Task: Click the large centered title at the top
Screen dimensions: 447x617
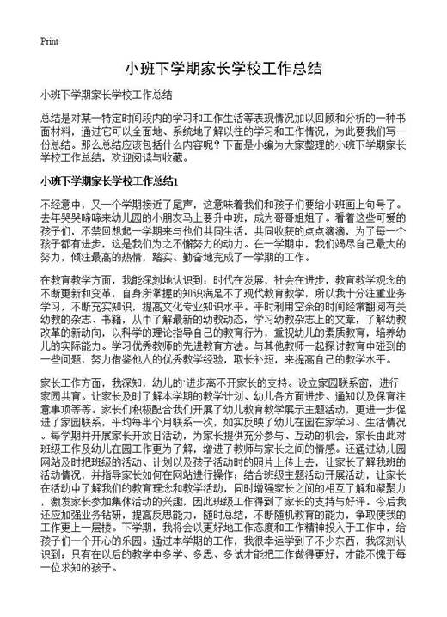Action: pyautogui.click(x=223, y=69)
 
